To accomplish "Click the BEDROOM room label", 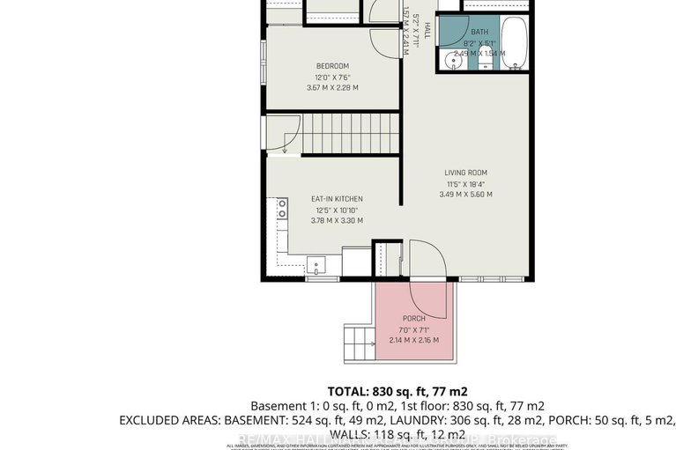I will (332, 66).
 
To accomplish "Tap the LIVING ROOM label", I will (466, 173).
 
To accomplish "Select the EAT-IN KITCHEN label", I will (336, 199).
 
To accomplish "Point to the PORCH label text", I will (414, 318).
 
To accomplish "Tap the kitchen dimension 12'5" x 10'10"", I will (336, 210).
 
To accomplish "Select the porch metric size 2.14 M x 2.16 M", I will (414, 339).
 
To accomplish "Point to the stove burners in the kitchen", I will (282, 209).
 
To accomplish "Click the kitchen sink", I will (316, 263).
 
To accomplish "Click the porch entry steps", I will (359, 340).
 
